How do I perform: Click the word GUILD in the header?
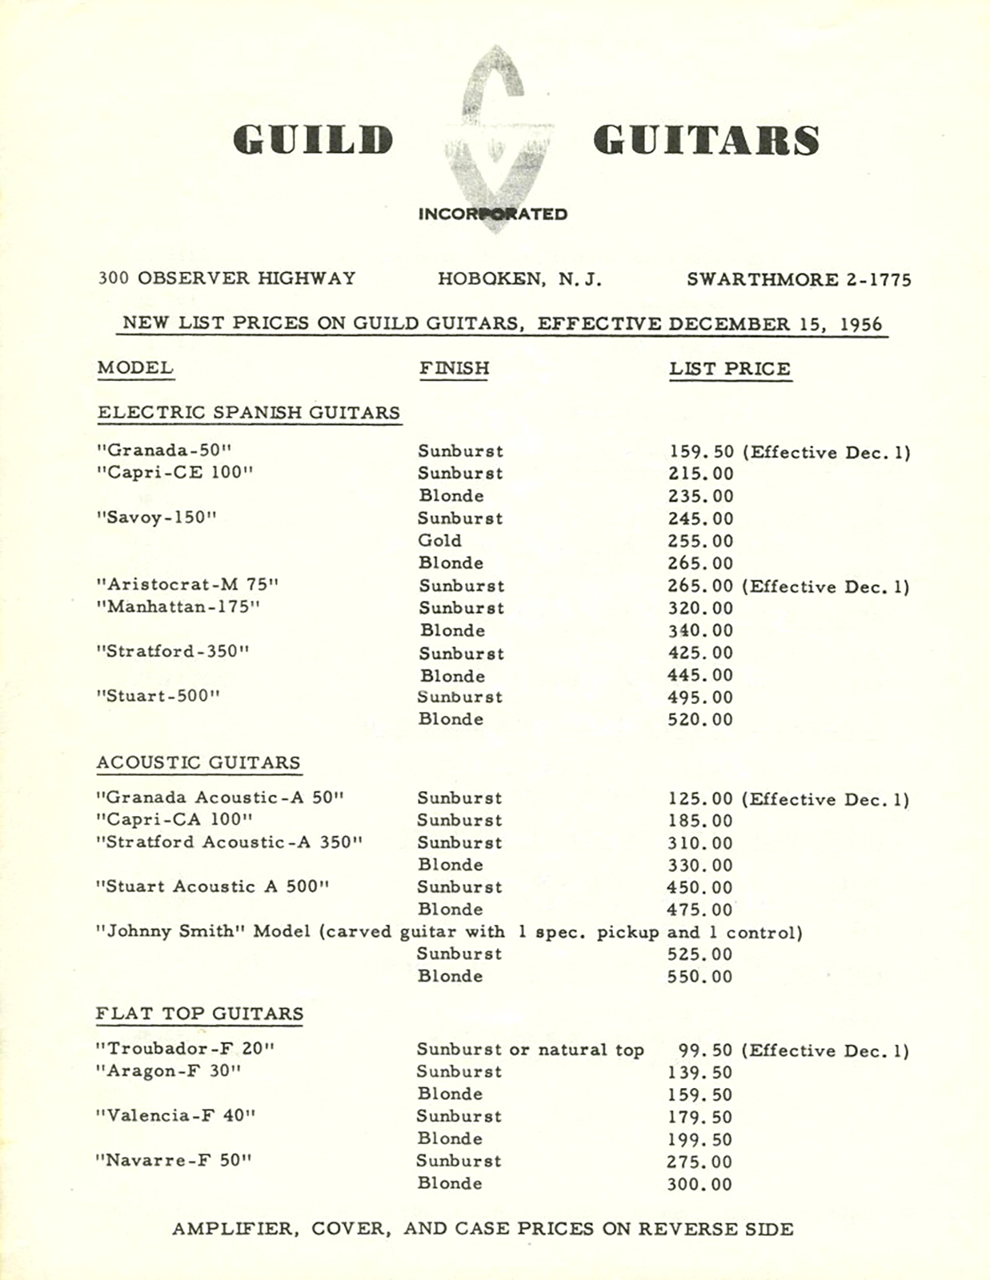pos(313,139)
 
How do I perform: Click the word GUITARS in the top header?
pos(707,139)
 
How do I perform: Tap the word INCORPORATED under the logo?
pos(492,214)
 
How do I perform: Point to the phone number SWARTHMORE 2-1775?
pos(798,279)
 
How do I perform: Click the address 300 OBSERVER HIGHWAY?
pos(226,278)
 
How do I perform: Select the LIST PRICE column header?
pos(730,369)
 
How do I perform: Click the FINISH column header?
pos(454,368)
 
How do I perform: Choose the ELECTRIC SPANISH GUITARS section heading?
pos(248,413)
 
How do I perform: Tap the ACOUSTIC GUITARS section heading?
pos(198,762)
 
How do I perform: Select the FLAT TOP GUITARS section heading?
pos(199,1014)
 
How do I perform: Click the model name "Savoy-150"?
pos(156,518)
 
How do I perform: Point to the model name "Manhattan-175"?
pos(178,607)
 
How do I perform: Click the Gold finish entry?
pos(439,541)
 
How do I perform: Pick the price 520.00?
pos(699,719)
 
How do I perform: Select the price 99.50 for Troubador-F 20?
pos(705,1050)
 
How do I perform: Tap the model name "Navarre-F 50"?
pos(173,1161)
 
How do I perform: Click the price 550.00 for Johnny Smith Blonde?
pos(699,977)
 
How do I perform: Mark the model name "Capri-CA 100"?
pos(174,820)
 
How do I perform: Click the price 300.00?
pos(699,1185)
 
